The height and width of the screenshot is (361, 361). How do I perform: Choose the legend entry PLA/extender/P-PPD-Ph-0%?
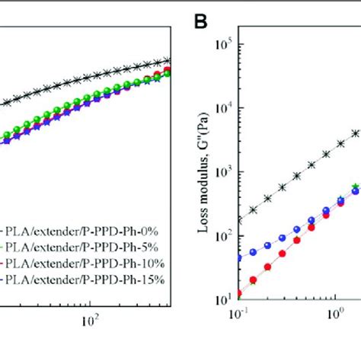pyautogui.click(x=84, y=228)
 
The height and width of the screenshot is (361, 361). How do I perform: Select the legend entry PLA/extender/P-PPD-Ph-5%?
pyautogui.click(x=84, y=245)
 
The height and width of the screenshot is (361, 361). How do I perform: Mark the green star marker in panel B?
pyautogui.click(x=355, y=187)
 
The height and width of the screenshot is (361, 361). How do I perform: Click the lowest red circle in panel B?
pyautogui.click(x=239, y=293)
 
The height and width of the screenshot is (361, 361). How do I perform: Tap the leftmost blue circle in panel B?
pyautogui.click(x=239, y=258)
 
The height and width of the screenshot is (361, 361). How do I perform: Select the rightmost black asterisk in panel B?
pyautogui.click(x=355, y=133)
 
